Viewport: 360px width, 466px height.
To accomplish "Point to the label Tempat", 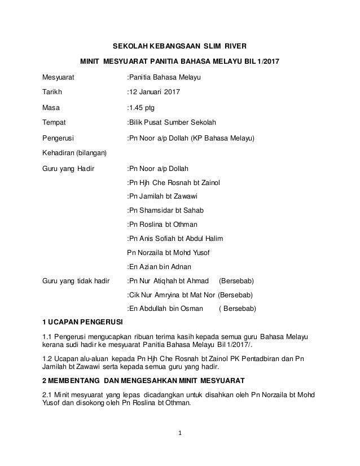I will point(54,122).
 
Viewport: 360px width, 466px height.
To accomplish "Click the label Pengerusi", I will point(58,138).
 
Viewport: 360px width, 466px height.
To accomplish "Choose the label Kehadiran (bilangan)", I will point(74,152).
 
